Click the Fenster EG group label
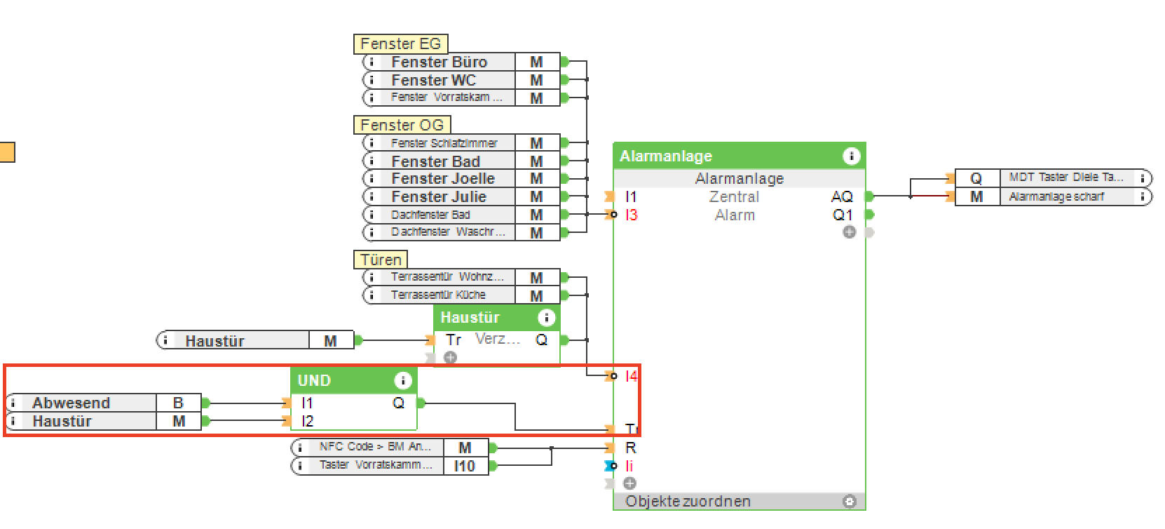[400, 44]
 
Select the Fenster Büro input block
[439, 62]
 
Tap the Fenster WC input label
[433, 80]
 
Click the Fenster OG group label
[402, 126]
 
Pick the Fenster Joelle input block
[442, 179]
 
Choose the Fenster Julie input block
[438, 197]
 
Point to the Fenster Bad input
[435, 161]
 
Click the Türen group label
[381, 260]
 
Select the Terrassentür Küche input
[438, 295]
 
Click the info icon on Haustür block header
[546, 318]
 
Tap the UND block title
[314, 381]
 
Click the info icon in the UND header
[402, 381]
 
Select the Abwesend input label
[71, 403]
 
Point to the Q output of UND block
[399, 403]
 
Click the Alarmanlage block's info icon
[851, 156]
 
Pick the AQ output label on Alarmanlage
[842, 197]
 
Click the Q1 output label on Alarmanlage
[843, 215]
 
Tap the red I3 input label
[632, 215]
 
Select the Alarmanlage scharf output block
[1056, 197]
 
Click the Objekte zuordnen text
[688, 502]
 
